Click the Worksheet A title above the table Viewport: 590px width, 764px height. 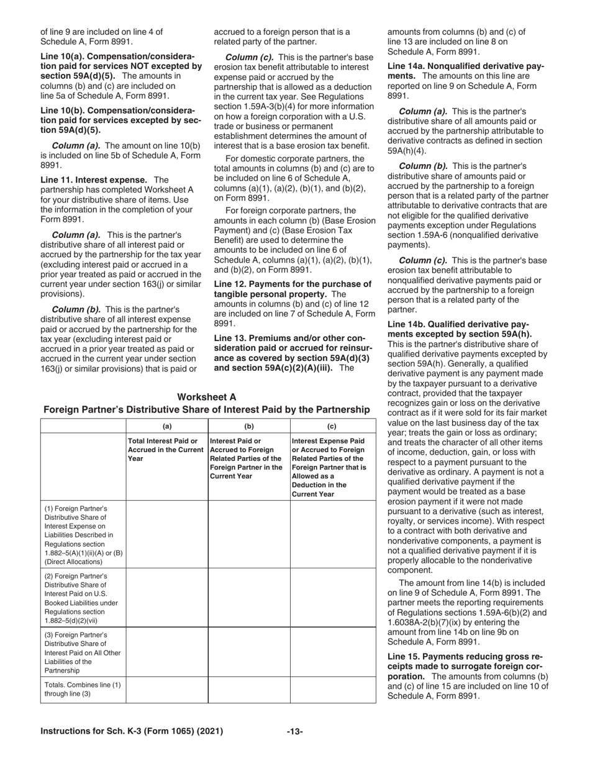coord(206,397)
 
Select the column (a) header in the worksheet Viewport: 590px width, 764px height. coord(166,426)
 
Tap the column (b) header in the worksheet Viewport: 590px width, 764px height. coord(249,426)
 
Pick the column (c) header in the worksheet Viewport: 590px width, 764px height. coord(332,426)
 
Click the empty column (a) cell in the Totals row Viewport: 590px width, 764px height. coord(166,689)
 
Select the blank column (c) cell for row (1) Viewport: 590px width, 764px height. coord(332,535)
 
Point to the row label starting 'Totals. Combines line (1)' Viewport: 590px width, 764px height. coord(83,689)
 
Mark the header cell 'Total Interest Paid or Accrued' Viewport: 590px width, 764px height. coord(166,450)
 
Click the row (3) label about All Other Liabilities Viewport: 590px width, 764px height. coord(83,652)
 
